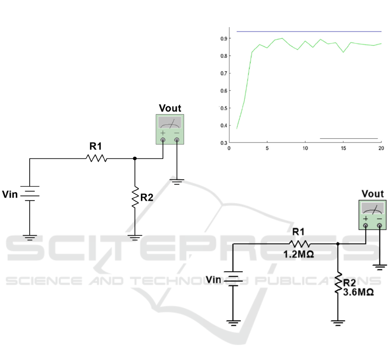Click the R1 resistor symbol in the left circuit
[96, 158]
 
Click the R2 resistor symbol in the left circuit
[135, 197]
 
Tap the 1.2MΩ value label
[298, 254]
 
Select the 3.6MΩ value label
[358, 292]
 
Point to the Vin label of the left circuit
[10, 194]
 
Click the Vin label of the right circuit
[213, 280]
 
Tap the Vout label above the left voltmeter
[170, 109]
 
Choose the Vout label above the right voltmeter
[373, 194]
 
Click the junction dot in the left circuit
[135, 158]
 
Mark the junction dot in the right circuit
[338, 244]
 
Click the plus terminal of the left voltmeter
[163, 140]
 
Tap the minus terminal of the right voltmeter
[379, 226]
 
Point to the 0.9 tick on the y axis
[230, 38]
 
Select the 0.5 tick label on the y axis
[224, 108]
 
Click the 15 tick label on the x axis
[344, 148]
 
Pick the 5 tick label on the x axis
[267, 148]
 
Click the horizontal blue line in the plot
[309, 31]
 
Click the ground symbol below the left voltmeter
[177, 182]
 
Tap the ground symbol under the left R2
[135, 238]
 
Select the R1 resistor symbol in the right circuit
[300, 244]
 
